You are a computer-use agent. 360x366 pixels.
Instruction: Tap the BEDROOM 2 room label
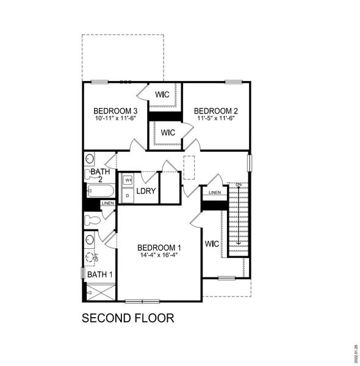pos(216,110)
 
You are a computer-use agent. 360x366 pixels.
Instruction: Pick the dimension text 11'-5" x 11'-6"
pos(216,118)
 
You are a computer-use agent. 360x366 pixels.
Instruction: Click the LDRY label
pos(146,192)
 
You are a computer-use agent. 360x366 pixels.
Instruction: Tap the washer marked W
pos(128,181)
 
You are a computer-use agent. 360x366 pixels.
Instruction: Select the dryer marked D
pos(128,196)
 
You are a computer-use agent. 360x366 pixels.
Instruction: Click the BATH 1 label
pos(99,275)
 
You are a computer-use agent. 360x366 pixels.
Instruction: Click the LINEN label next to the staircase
pos(214,193)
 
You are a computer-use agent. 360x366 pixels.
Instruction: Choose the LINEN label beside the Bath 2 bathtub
pos(107,203)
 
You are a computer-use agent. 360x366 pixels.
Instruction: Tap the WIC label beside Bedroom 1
pos(211,244)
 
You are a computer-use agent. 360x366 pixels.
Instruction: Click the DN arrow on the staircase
pos(239,213)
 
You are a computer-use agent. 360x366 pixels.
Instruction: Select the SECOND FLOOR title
pos(128,318)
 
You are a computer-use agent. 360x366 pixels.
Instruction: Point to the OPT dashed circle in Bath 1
pos(92,258)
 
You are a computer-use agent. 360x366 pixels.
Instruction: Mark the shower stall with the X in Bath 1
pos(98,293)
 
